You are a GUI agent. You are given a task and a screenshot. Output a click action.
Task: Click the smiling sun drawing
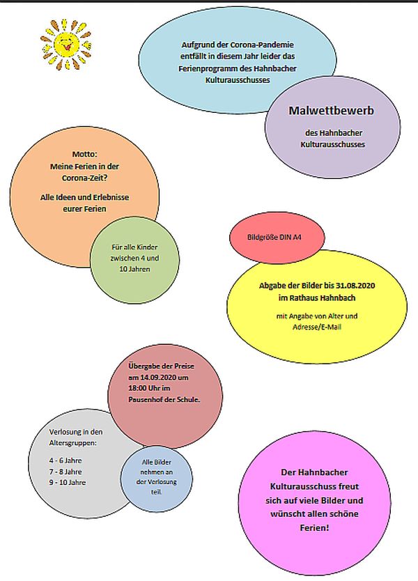click(x=66, y=45)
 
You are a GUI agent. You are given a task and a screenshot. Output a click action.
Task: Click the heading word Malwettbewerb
click(x=332, y=111)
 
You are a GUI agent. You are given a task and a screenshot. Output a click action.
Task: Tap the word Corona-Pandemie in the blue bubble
click(x=262, y=45)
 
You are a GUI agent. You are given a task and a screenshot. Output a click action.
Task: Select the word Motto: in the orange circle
click(x=84, y=154)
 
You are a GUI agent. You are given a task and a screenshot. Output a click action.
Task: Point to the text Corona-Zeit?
click(x=84, y=178)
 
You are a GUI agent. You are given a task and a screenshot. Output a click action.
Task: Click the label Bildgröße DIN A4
click(x=274, y=237)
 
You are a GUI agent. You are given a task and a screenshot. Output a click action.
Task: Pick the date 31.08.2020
click(x=355, y=286)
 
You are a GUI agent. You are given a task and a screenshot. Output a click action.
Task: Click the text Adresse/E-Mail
click(x=317, y=327)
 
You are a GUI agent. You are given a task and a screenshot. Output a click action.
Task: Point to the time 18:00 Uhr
click(x=144, y=388)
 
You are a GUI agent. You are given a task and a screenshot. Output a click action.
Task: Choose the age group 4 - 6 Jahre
click(x=65, y=460)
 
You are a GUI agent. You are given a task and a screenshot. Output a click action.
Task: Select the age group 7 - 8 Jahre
click(x=65, y=472)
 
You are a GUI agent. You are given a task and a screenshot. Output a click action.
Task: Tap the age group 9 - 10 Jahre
click(x=67, y=483)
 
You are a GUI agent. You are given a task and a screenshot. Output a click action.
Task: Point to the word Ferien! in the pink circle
click(x=314, y=527)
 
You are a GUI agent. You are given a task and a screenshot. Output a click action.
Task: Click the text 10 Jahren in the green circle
click(x=134, y=269)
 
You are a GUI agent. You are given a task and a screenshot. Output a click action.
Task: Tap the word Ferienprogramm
click(x=215, y=68)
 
